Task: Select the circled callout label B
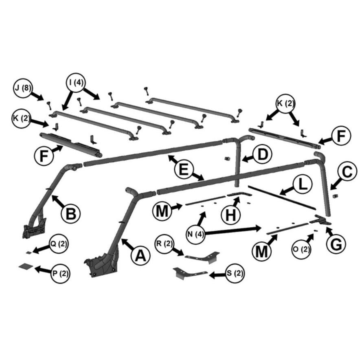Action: pos(71,213)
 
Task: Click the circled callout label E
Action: pos(184,170)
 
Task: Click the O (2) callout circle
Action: pos(302,249)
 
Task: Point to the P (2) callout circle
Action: pos(60,274)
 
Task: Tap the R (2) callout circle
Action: pos(165,244)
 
